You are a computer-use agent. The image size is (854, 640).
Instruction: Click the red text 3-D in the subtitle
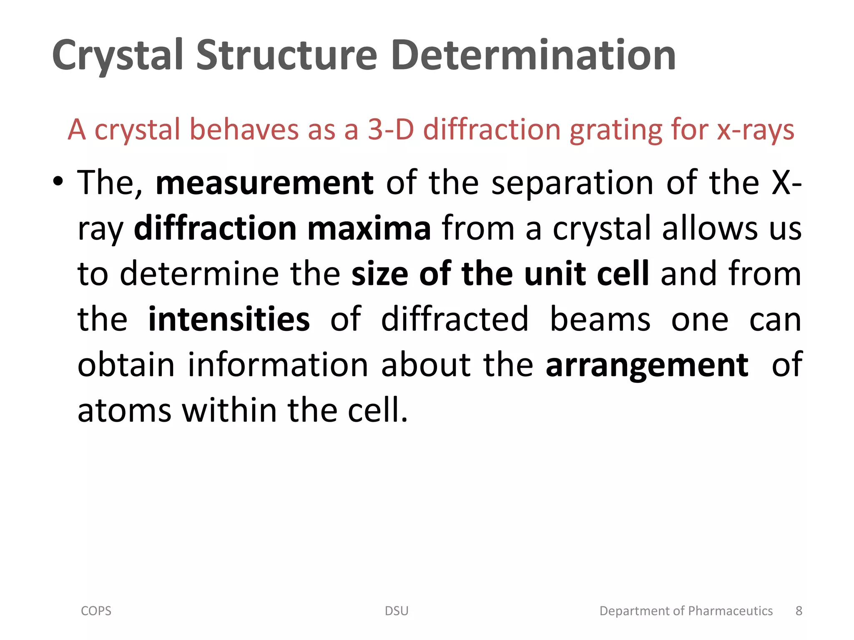point(391,130)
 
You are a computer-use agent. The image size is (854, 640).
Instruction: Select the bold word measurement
point(264,183)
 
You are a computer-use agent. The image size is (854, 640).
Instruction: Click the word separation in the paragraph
point(573,183)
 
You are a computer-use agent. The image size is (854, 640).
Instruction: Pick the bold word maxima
point(369,229)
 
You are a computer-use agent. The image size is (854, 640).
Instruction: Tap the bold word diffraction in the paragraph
point(215,229)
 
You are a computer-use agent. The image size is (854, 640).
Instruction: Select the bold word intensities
point(229,320)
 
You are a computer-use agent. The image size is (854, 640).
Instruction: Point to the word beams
point(600,320)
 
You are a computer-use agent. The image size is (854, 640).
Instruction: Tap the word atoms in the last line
point(124,410)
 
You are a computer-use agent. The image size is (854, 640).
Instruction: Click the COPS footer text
point(96,611)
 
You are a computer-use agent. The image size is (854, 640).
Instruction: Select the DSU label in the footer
point(397,611)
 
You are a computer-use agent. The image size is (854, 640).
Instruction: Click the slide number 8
point(799,611)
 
